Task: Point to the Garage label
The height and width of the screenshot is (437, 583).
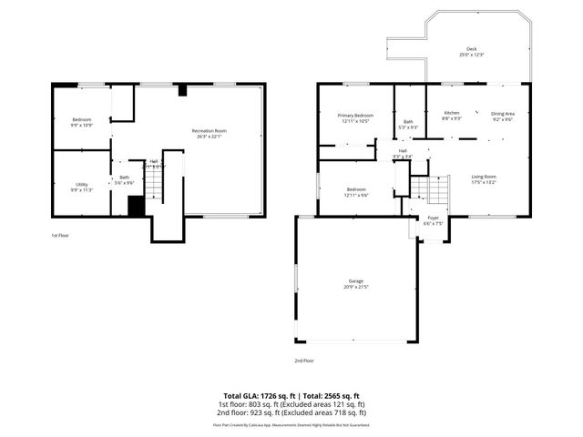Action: (355, 284)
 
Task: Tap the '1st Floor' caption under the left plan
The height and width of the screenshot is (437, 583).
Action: (61, 235)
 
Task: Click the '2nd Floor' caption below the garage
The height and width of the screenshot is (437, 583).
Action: (304, 361)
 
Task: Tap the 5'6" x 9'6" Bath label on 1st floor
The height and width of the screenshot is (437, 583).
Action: (123, 181)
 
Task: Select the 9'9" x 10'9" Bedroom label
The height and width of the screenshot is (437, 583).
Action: (82, 122)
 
